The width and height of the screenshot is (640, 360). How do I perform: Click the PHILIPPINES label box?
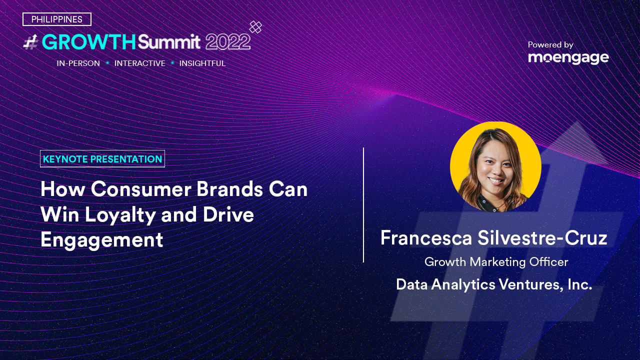coord(57,19)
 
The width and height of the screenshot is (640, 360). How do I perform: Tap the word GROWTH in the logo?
coord(89,42)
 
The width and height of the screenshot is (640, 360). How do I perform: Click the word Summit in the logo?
coord(169,42)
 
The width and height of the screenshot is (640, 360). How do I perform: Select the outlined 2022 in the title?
coord(227,42)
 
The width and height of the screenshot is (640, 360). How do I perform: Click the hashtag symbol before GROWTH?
coord(31,42)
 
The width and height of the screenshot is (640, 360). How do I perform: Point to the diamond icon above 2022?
coord(255,27)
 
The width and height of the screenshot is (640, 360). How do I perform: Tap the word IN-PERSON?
coord(78,63)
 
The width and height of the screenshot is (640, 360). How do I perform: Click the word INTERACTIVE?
coord(139,63)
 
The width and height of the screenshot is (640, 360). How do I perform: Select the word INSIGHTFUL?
coord(202,63)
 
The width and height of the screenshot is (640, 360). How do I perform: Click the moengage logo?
coord(568,58)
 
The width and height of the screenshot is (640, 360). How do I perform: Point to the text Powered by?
coord(550,45)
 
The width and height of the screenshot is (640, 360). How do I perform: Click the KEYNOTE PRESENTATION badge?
coord(102,159)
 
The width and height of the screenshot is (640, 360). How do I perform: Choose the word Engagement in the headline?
coord(101,240)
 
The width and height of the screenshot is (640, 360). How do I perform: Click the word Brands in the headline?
coord(229,189)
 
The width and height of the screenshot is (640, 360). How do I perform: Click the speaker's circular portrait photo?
coord(495,167)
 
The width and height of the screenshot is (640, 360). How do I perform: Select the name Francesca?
coord(425,238)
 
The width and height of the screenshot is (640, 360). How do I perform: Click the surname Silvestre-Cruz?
coord(542,238)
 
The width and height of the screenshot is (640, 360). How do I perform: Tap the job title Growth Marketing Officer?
coord(496,262)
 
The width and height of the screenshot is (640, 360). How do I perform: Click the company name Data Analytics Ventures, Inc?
coord(494,284)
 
